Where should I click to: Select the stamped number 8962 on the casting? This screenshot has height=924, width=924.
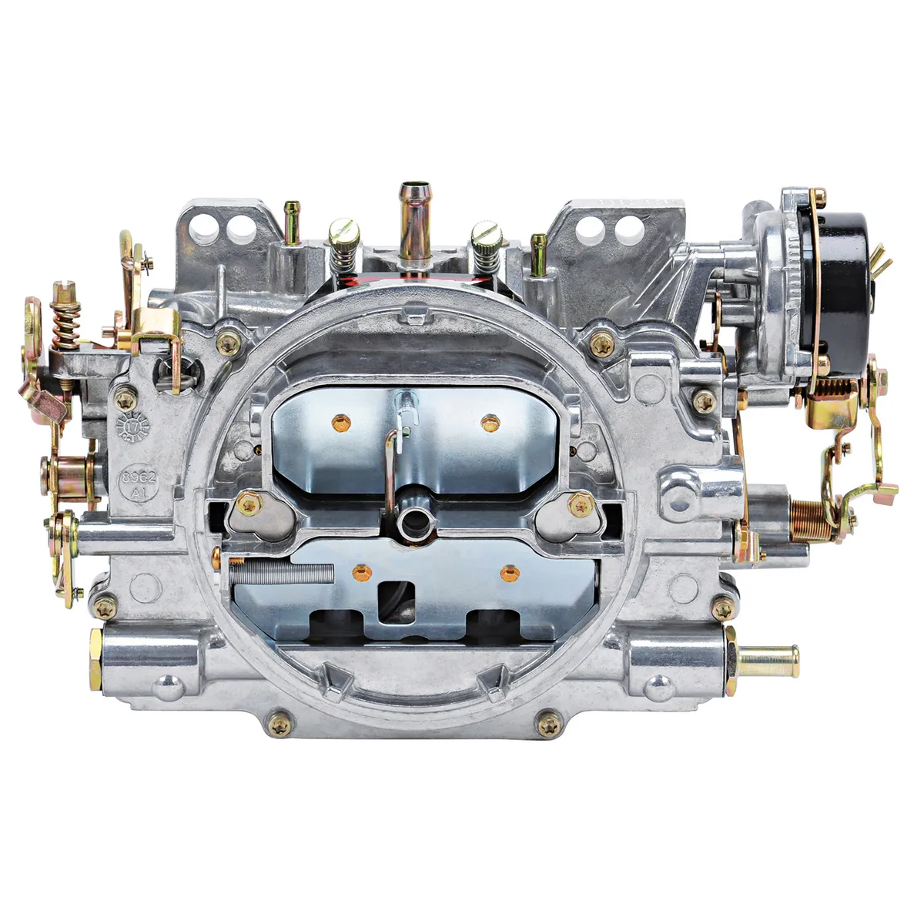click(x=138, y=478)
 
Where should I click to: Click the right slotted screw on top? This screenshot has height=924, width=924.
click(x=486, y=233)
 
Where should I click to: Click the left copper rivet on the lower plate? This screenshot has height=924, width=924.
click(x=360, y=571)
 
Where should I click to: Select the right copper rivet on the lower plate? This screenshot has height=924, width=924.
click(x=508, y=572)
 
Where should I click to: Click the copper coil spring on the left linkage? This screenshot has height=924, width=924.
click(x=66, y=320)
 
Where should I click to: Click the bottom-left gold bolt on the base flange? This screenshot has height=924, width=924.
click(x=280, y=723)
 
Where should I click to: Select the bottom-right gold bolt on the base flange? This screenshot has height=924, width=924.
click(x=549, y=723)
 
